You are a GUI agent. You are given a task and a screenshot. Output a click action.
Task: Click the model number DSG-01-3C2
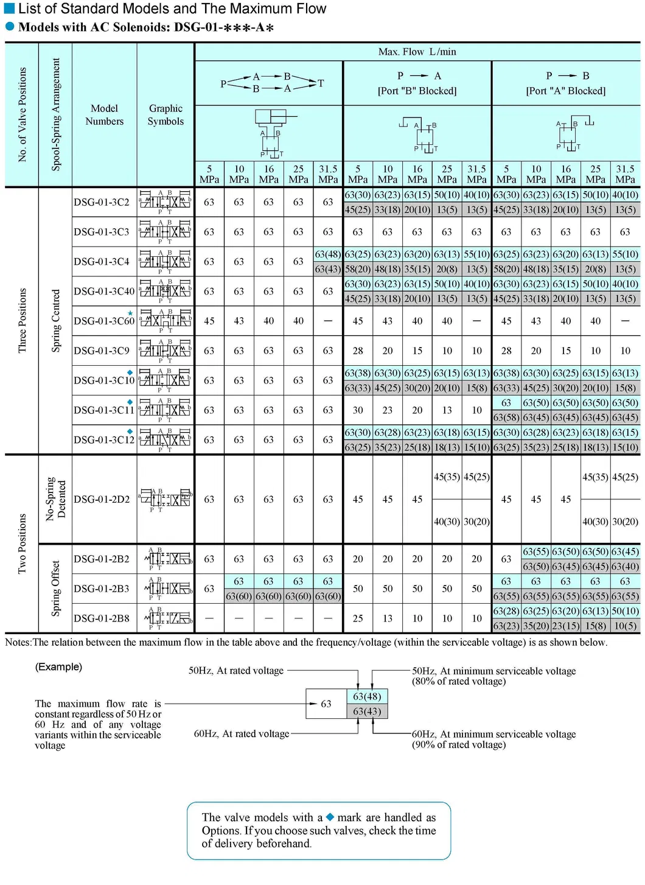pos(102,202)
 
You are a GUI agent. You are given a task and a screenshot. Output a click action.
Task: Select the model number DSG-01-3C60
pos(104,321)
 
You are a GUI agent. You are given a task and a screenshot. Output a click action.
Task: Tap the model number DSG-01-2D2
pos(102,499)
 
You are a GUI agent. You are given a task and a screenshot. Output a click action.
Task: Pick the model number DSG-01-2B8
pos(102,618)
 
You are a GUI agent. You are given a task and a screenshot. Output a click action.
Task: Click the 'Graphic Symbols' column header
pos(166,114)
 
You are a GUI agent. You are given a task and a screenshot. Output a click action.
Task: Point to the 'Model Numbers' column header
pos(104,114)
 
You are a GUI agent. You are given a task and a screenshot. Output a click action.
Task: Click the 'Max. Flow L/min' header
pos(417,52)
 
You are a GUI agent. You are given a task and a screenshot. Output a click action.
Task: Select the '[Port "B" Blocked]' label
pos(417,91)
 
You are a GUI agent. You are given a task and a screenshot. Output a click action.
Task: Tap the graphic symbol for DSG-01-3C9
pos(165,351)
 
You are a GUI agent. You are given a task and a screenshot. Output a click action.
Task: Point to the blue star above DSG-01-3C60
pos(130,313)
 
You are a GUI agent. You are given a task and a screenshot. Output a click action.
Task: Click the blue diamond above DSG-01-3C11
pos(130,402)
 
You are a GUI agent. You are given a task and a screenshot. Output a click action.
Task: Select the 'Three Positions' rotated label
pos(23,320)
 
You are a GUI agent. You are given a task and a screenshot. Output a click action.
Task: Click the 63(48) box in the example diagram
pos(367,696)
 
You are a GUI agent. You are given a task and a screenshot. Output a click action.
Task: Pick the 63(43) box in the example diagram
pos(367,711)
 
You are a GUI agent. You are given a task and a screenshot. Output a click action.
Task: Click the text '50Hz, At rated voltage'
pos(235,671)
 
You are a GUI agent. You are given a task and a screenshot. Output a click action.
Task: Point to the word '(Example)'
pos(58,666)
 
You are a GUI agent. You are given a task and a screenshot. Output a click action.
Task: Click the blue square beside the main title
pos(10,9)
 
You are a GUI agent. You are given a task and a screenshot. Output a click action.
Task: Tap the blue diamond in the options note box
pos(330,817)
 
